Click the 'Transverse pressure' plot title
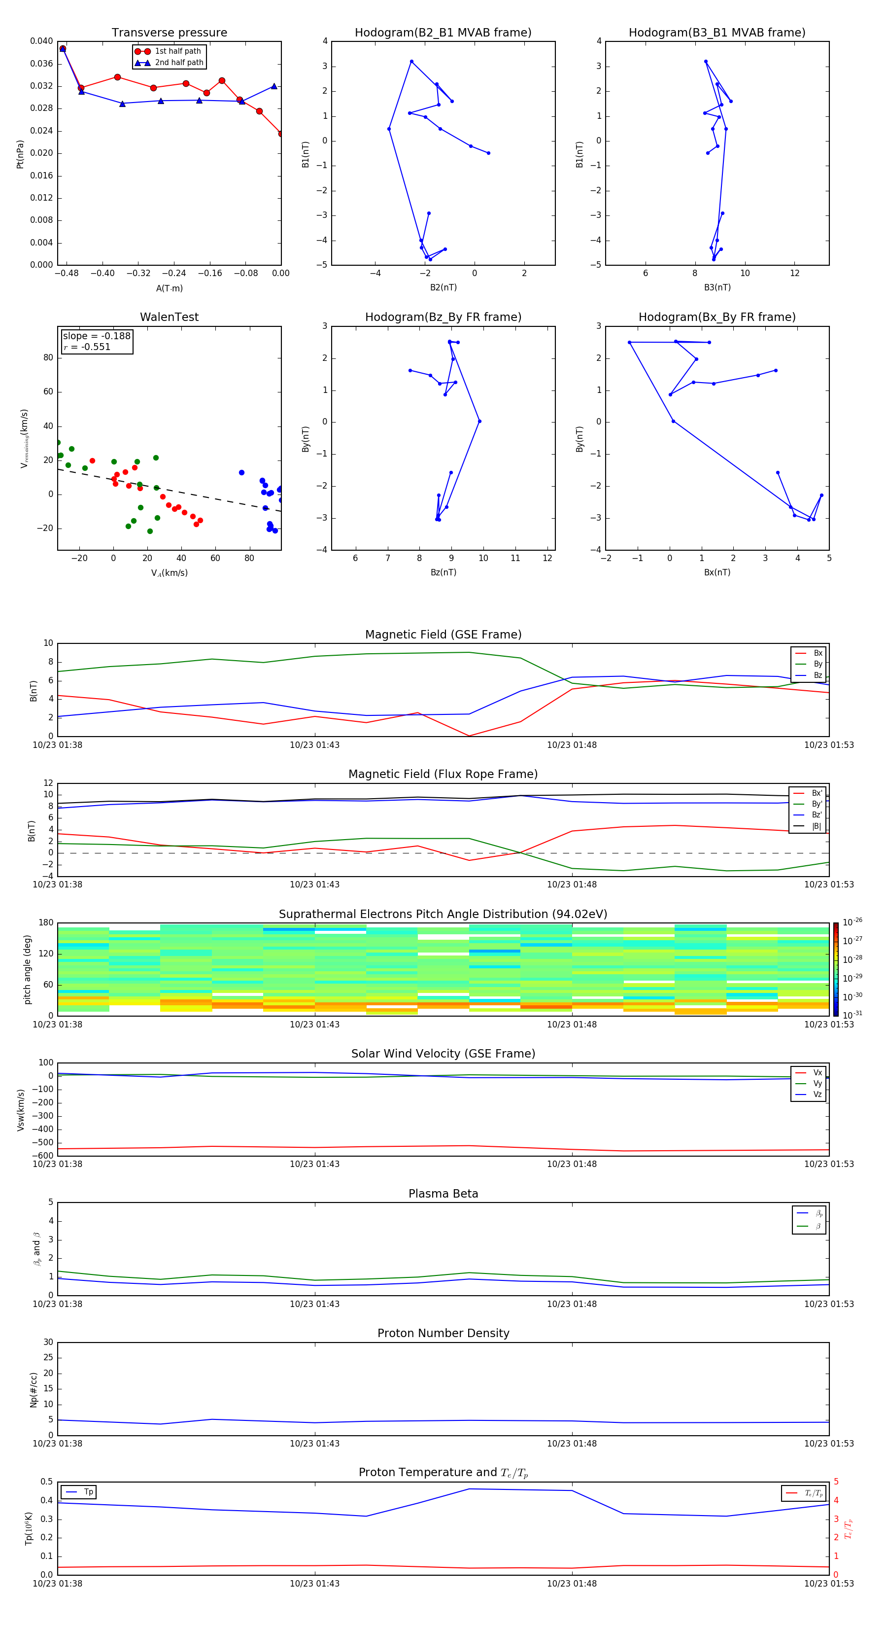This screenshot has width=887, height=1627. point(169,33)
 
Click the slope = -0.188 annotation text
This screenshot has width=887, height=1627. point(97,336)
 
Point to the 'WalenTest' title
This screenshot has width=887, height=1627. point(169,317)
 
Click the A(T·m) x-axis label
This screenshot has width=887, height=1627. point(169,288)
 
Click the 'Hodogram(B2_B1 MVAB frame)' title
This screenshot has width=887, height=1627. point(443,33)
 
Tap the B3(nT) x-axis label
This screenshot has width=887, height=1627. point(717,287)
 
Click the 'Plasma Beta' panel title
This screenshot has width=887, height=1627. point(443,1194)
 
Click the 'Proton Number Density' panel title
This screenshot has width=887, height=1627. point(443,1333)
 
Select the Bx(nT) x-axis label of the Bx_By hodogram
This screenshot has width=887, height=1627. point(717,572)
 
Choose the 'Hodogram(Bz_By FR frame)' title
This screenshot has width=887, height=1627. point(443,317)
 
